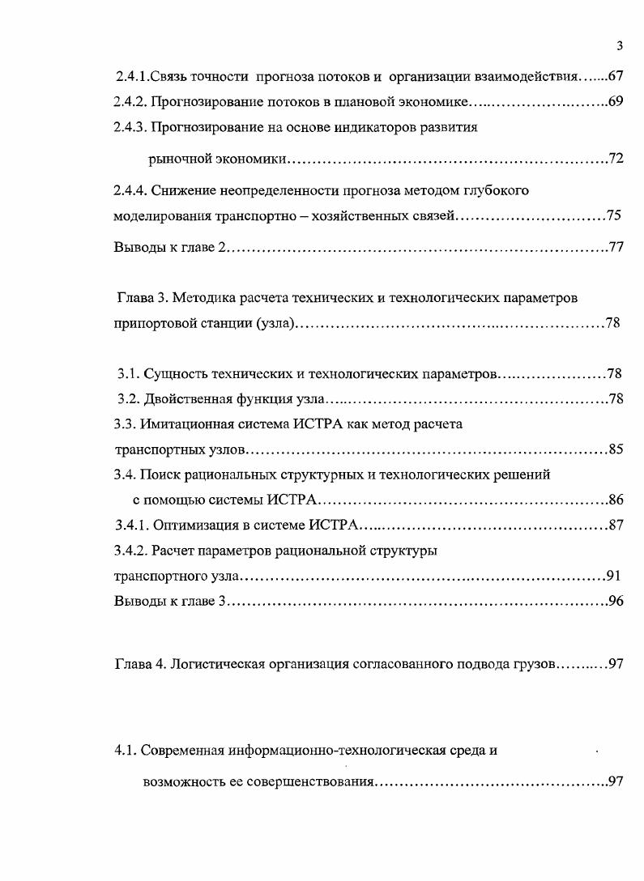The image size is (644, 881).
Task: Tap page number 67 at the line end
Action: pos(614,78)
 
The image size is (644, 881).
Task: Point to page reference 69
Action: pos(614,103)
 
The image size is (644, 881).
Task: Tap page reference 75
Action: pos(613,216)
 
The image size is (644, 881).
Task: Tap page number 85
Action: pos(615,449)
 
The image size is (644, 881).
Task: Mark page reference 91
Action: pos(613,577)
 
